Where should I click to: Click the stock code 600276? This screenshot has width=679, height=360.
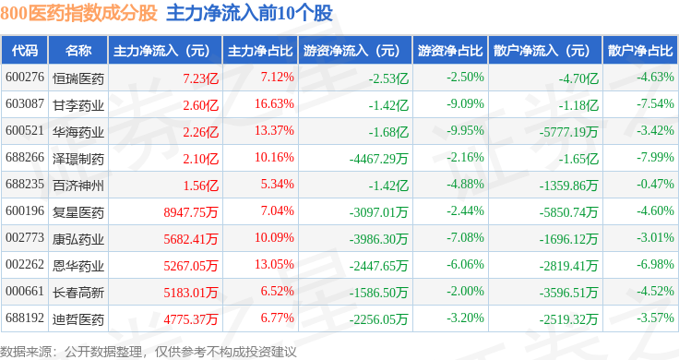pos(25,78)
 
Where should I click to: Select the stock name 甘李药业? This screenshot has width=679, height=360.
pos(78,105)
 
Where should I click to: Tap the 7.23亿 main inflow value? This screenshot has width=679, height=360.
pos(200,78)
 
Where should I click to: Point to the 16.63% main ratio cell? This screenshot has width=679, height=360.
pos(274,104)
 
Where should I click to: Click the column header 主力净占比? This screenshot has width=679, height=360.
pos(260,51)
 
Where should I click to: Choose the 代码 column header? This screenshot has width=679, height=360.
pos(25,51)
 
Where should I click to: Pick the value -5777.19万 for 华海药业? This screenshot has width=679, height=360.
pos(568,132)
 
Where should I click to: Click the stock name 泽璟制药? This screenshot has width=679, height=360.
pos(78,159)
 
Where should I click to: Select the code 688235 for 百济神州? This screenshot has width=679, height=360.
pos(25,184)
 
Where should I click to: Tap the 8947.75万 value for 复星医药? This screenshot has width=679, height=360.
pos(191,212)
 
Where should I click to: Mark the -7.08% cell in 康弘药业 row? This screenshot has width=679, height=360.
pos(465,238)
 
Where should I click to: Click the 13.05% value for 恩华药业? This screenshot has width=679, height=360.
pos(274,264)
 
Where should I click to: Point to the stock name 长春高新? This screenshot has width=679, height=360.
pos(78,293)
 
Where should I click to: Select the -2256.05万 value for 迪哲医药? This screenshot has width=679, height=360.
pos(378,319)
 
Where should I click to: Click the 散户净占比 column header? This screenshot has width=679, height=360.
pos(640,51)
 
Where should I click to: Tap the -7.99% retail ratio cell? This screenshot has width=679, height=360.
pos(655,157)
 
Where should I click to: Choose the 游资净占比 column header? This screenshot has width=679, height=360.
pos(450,51)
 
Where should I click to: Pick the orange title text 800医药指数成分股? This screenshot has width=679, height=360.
pos(78,14)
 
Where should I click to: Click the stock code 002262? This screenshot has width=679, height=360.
pos(25,264)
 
